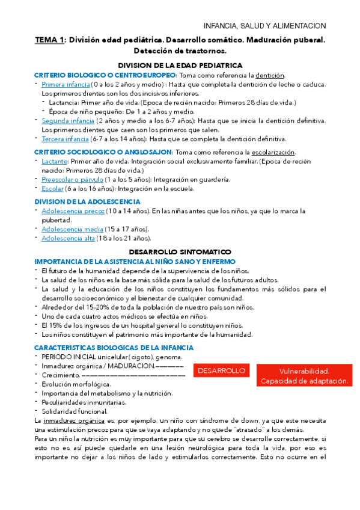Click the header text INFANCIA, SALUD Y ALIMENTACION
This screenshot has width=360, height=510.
(265, 26)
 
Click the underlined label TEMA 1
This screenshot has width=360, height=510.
(49, 40)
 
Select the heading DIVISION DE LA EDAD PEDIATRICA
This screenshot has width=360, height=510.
(180, 65)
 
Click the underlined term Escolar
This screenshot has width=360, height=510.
(52, 189)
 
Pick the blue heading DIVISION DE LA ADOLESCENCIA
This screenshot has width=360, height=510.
(88, 201)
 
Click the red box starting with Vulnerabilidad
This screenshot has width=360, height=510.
(305, 376)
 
